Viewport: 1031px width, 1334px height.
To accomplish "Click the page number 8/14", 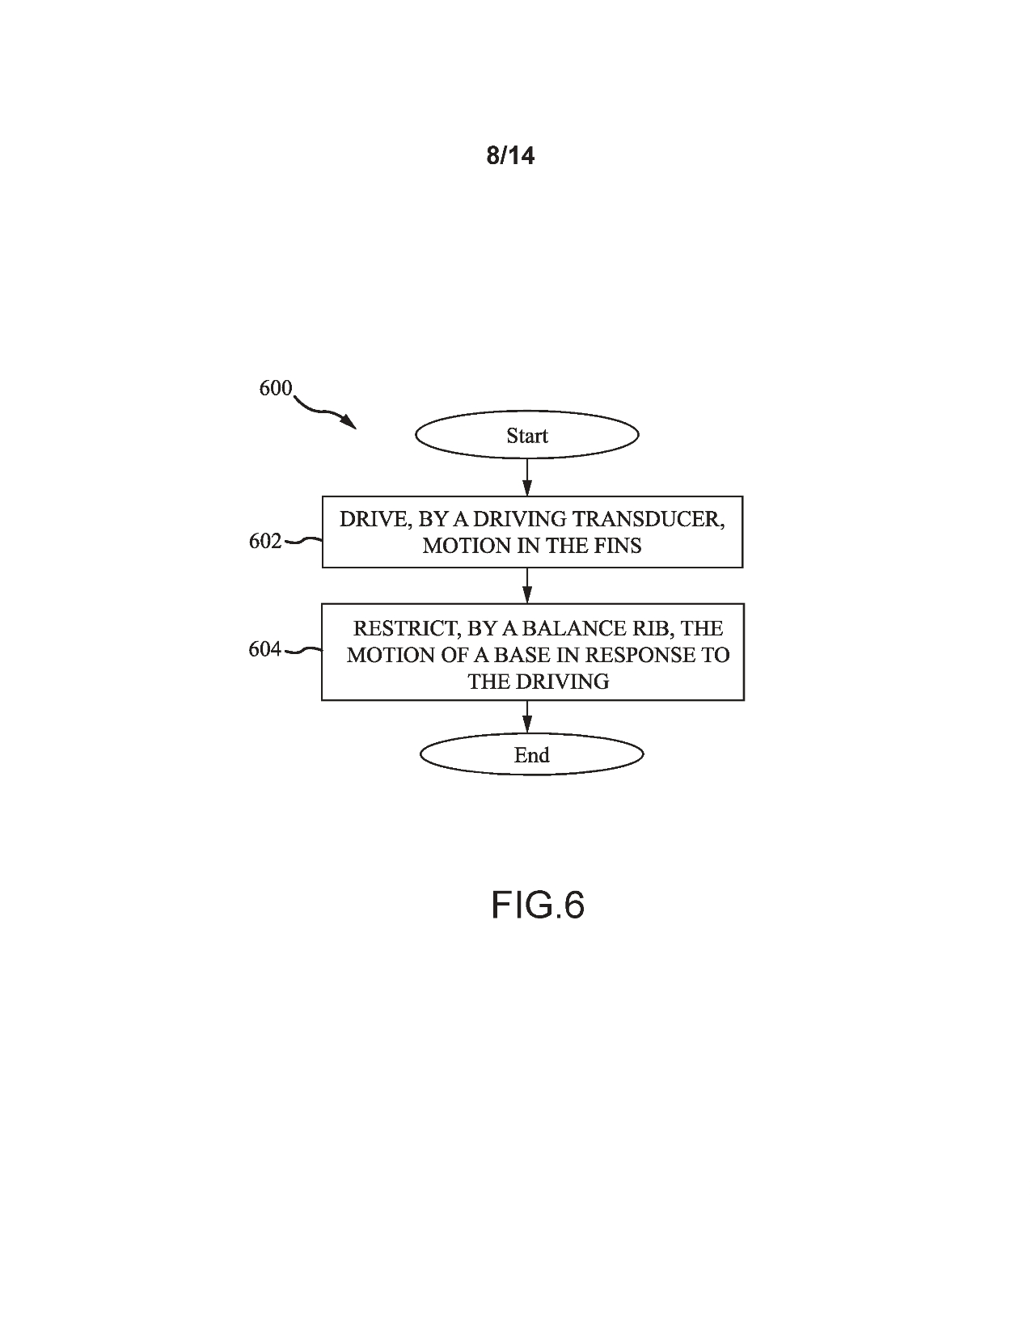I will [x=510, y=155].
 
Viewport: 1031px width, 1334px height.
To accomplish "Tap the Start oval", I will [x=526, y=436].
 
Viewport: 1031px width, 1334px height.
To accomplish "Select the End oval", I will [x=531, y=755].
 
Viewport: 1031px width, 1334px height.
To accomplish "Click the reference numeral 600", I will [x=275, y=388].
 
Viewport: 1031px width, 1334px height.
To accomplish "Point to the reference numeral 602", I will [x=264, y=541].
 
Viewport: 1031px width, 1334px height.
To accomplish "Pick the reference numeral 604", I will [x=264, y=649].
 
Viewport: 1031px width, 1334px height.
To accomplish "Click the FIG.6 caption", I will [x=537, y=905].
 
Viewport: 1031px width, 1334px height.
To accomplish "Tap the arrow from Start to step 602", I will [x=527, y=477].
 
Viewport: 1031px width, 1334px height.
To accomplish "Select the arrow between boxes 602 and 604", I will [x=527, y=585].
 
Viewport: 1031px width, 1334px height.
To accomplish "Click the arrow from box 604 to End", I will [x=527, y=716].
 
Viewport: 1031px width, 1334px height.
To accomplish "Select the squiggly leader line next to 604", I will [x=303, y=650].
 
